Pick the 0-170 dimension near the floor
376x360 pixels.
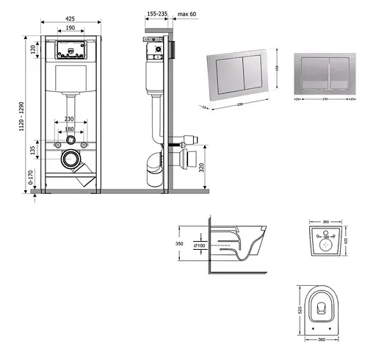click(x=29, y=179)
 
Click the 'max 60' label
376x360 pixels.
click(x=187, y=12)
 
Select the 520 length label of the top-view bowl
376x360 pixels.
click(x=301, y=310)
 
